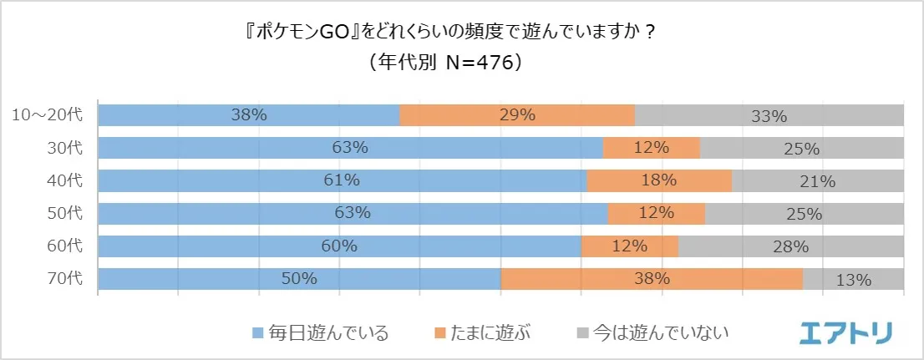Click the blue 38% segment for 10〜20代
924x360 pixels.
pos(249,115)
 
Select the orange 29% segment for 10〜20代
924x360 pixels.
pos(517,115)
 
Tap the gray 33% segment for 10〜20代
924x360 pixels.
pos(769,115)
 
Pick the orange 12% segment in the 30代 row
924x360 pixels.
pos(651,148)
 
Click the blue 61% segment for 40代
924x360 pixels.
pos(343,180)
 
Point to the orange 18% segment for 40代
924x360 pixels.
pos(659,180)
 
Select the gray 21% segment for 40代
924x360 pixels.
pos(817,180)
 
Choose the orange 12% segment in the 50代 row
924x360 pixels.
pos(656,213)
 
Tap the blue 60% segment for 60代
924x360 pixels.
pos(339,246)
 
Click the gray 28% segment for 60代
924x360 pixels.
pos(790,246)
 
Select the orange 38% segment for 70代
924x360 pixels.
pos(652,278)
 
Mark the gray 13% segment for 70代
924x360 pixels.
pos(853,278)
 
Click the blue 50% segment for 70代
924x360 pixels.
pos(299,278)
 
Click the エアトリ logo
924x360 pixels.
pos(845,332)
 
